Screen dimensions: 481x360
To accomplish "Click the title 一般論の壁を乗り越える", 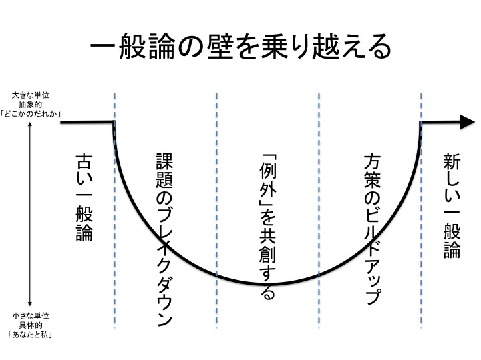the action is (x=240, y=47).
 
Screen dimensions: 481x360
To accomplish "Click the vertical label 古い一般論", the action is (x=84, y=197).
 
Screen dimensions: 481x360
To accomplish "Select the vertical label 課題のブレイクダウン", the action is (x=164, y=240).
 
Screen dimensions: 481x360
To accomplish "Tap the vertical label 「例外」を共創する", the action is (x=267, y=227).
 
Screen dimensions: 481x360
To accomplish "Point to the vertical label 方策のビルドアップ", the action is (x=372, y=229).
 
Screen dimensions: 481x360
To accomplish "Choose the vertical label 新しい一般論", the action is (x=452, y=206).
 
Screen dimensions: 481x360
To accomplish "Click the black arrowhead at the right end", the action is (x=468, y=122).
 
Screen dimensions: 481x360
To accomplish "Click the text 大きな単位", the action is (x=30, y=95).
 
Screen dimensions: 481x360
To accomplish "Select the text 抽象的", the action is (x=30, y=105).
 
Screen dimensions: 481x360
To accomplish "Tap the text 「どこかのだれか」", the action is (x=30, y=114).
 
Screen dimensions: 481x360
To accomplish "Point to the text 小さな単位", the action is (x=30, y=315).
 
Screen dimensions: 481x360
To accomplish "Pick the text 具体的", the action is (x=30, y=325).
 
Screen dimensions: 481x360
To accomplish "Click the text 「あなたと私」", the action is (x=30, y=335).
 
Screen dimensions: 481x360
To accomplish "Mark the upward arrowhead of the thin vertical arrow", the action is (x=30, y=124).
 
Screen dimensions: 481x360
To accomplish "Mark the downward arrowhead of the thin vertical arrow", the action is (x=30, y=304).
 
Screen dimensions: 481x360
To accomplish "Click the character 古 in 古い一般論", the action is (x=84, y=162).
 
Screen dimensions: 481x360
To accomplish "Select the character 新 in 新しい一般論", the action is (x=452, y=162).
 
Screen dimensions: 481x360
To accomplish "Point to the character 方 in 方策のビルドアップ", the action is (x=372, y=162).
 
